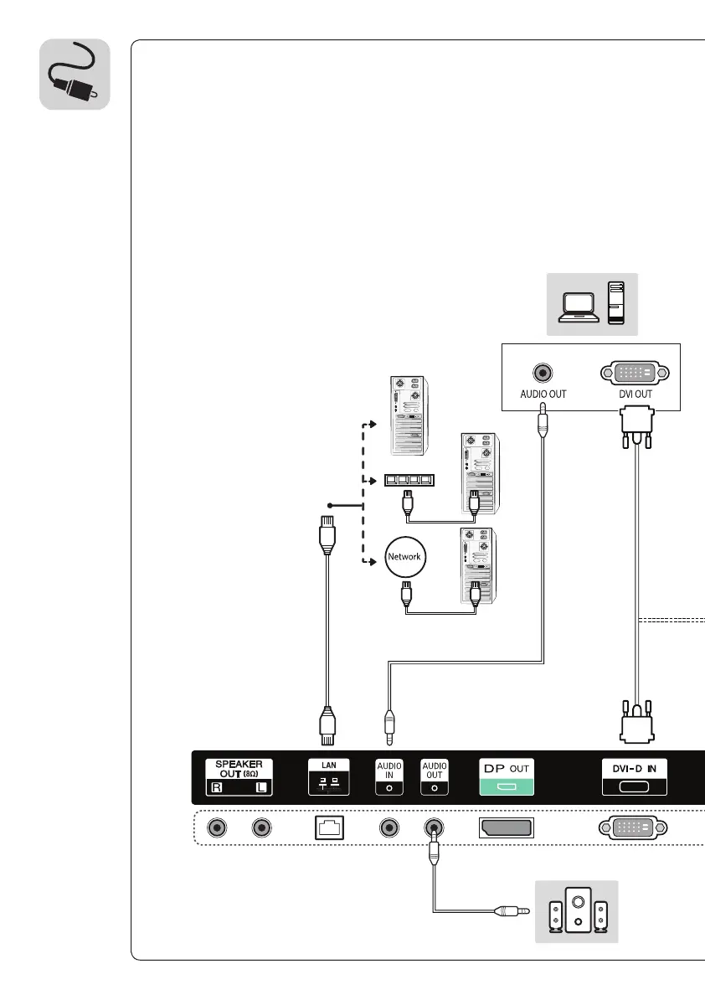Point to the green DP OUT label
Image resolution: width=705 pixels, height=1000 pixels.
coord(505,776)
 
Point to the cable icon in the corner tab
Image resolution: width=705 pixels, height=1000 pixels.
coord(75,74)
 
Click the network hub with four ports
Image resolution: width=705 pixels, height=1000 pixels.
coord(407,481)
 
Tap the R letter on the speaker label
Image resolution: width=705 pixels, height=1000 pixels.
coord(217,788)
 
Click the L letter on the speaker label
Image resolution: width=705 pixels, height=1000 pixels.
coord(263,788)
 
